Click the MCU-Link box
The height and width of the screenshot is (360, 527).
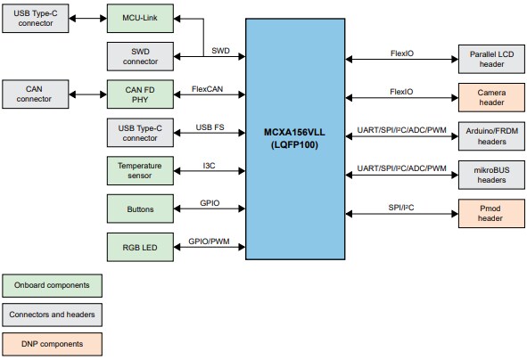click(x=139, y=17)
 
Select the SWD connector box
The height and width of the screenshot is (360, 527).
click(x=139, y=56)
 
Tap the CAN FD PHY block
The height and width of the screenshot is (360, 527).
click(x=139, y=94)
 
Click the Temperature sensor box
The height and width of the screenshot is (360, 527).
click(x=139, y=171)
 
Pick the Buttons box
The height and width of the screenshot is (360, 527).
click(x=139, y=209)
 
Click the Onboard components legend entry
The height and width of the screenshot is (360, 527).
click(x=52, y=285)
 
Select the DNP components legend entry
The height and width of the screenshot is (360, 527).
click(x=52, y=344)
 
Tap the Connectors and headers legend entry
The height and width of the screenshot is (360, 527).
click(x=52, y=315)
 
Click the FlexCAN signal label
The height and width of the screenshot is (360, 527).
click(x=208, y=89)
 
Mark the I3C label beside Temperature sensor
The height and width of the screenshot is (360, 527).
click(x=210, y=166)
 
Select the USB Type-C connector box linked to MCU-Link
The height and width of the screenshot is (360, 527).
click(x=35, y=17)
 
